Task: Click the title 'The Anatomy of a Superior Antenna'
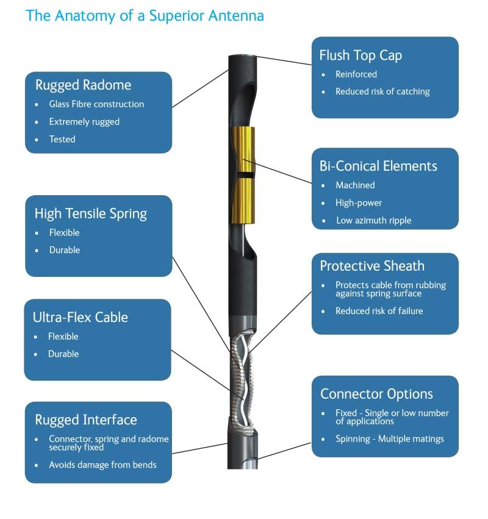tap(145, 15)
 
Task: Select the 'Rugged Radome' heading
tap(83, 85)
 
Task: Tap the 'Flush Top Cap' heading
tap(361, 55)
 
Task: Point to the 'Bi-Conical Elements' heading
tap(378, 166)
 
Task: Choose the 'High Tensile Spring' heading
tap(91, 213)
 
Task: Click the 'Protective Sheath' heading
tap(372, 266)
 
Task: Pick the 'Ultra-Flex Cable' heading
tap(80, 317)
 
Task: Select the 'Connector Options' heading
tap(376, 394)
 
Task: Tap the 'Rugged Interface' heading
tap(86, 420)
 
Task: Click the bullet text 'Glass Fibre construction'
tap(96, 104)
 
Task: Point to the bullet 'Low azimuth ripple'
tap(373, 220)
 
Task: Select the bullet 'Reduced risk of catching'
tap(382, 91)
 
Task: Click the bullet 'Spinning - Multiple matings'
tap(390, 438)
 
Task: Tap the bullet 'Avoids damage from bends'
tap(102, 465)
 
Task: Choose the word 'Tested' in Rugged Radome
tap(62, 139)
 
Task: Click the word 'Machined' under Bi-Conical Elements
tap(355, 185)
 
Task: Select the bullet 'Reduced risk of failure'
tap(379, 311)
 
